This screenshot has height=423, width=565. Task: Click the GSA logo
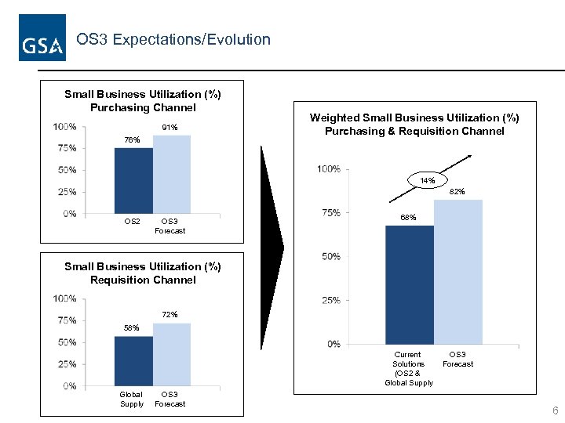click(42, 38)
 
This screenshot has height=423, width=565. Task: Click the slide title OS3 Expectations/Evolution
click(173, 39)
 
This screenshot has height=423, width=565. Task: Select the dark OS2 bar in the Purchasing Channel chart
click(133, 180)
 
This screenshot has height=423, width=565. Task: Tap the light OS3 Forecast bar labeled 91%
click(171, 174)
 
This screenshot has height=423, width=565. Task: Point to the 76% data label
click(132, 139)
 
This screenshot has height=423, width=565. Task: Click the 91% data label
click(169, 127)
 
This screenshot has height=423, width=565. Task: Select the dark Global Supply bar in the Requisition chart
click(133, 360)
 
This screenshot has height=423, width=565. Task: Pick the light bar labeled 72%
click(171, 354)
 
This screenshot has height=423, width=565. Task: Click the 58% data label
click(132, 327)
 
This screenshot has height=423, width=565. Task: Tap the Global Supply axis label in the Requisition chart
click(132, 399)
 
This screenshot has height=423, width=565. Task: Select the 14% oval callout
click(428, 181)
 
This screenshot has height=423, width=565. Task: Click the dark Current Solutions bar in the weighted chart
click(409, 284)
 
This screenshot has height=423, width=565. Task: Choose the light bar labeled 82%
click(457, 272)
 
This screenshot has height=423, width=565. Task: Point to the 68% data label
click(408, 218)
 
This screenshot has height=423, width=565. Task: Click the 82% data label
click(457, 191)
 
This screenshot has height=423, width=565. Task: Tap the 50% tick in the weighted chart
click(330, 256)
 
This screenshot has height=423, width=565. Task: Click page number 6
click(555, 411)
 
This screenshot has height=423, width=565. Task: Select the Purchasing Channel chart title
click(143, 101)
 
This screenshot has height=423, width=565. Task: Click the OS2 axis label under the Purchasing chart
click(133, 222)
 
